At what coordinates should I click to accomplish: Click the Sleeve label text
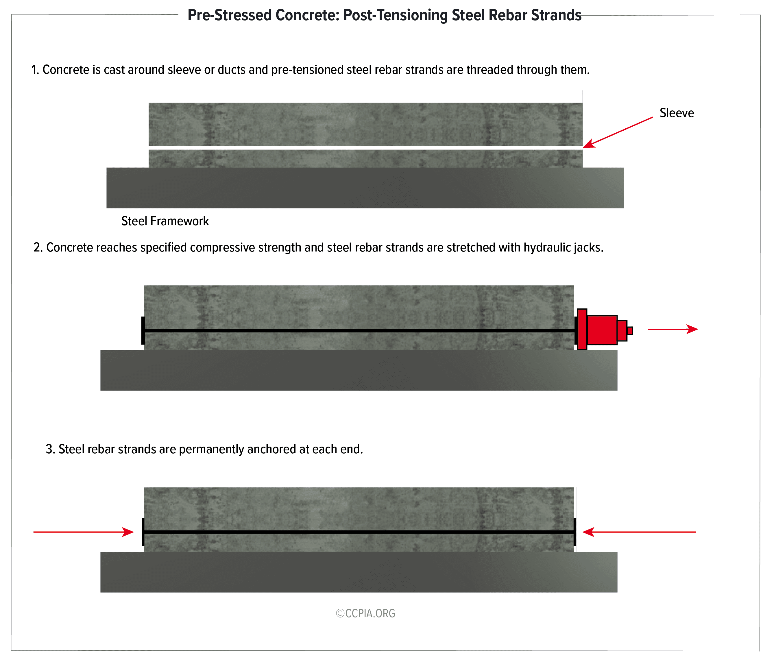coord(677,113)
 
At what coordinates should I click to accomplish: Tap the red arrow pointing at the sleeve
coord(618,132)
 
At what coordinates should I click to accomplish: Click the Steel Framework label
coord(165,221)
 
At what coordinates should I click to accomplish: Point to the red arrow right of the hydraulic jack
coord(673,329)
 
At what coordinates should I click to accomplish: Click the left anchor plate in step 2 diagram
coord(143,330)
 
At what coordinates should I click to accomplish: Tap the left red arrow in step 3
coord(84,532)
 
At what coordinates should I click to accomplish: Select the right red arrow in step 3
coord(639,532)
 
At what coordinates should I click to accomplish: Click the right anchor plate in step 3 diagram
coord(575,532)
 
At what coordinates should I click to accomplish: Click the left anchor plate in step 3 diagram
coord(143,532)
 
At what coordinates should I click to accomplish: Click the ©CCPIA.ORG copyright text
coord(365,614)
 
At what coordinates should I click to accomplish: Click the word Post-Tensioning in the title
coord(395,15)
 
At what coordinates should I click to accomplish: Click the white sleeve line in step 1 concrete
coord(366,148)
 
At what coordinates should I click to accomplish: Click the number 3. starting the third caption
coord(50,449)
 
